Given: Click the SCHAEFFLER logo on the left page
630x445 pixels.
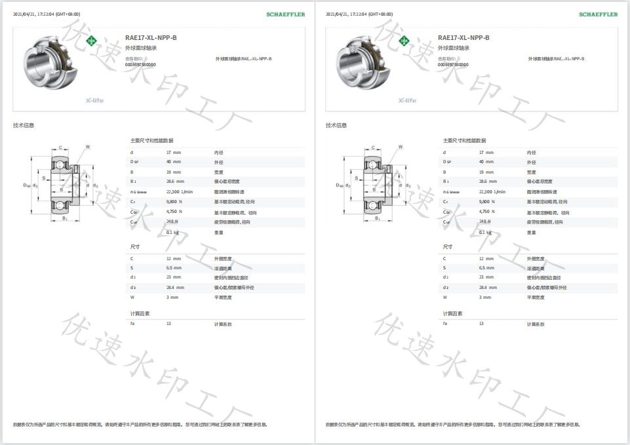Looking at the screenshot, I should coord(286,14).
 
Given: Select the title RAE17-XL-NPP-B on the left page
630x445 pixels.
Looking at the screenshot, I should coord(151,38).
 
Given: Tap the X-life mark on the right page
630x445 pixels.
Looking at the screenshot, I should coord(407,100).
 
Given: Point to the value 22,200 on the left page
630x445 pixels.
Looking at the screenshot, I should coord(173,191).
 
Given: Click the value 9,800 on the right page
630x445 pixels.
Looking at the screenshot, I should coord(486,202).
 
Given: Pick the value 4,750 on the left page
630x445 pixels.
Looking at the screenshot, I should coord(173,212).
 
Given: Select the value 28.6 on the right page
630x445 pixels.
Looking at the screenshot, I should coord(482,181).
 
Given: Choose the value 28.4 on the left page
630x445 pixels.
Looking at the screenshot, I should coord(170,287).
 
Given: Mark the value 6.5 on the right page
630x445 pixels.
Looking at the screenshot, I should coord(482,267).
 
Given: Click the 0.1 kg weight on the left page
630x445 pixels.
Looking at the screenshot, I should coord(172,232).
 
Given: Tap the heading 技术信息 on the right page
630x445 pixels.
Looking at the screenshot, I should coord(336,125).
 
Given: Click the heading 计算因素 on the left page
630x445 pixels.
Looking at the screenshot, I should coord(140,313).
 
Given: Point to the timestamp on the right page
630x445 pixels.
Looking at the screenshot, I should coord(359,14).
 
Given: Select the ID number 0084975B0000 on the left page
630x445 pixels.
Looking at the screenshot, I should coord(140,65).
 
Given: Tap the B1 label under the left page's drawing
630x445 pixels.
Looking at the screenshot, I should coord(65,218).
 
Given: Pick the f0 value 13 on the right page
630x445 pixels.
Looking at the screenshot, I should coord(481,324).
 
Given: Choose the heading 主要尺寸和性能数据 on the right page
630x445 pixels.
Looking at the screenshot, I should coord(464,140).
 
